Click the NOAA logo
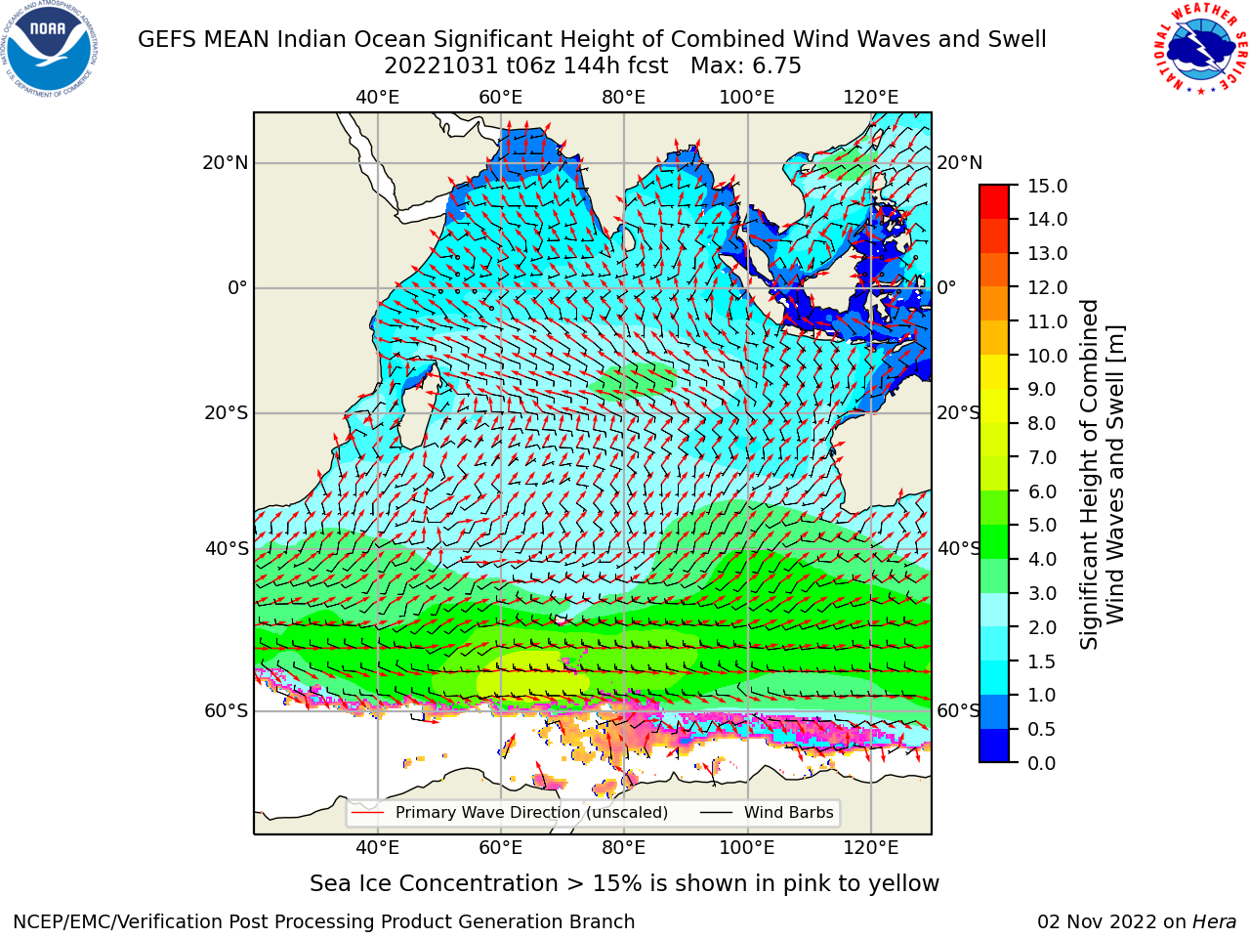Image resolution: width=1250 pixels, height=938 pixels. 49,49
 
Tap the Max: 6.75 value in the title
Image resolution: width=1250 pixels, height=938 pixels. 745,66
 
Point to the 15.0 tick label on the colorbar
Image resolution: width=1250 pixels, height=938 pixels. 1047,186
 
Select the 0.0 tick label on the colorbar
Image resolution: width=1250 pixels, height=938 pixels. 1041,763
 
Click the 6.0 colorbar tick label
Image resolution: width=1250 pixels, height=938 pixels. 1042,490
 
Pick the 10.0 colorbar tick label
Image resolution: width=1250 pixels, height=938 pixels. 1047,356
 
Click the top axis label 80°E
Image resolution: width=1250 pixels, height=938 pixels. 624,98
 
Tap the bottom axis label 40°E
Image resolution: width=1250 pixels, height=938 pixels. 378,847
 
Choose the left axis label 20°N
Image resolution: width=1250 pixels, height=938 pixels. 226,163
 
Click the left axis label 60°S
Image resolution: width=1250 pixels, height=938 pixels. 227,710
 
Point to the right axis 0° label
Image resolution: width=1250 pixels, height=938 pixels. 946,287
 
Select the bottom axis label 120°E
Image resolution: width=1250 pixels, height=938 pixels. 871,847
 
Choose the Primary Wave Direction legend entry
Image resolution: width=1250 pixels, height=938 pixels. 510,812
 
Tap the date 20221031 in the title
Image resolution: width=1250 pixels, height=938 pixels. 441,66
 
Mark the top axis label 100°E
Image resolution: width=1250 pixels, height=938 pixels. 747,98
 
